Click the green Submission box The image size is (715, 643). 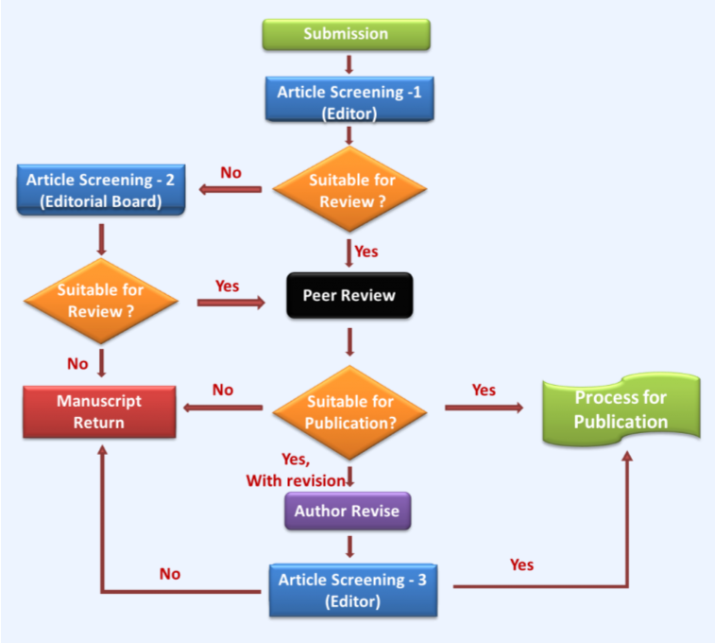coord(346,34)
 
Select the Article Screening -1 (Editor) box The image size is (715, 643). coord(349,100)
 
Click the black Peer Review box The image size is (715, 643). coord(349,295)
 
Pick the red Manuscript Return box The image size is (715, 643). coord(99,411)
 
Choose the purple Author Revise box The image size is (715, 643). coord(347,511)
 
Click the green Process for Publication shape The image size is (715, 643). coord(621,411)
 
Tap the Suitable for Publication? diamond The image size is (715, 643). coord(349,412)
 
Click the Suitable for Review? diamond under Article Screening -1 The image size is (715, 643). coord(349,190)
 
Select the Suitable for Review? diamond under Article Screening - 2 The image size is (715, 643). coord(101,302)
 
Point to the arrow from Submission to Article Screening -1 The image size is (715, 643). coord(349,63)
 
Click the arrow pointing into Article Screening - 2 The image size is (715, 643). coord(230,190)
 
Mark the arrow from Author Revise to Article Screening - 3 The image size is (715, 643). coord(349,547)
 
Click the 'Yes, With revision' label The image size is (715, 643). coord(297,470)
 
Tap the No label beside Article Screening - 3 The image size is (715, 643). coord(170,574)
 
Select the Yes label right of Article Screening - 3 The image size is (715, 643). coord(521,565)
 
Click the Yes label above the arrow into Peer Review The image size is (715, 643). coord(227,286)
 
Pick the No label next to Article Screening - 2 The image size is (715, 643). coord(231,172)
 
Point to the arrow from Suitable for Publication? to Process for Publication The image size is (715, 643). coord(484,408)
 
